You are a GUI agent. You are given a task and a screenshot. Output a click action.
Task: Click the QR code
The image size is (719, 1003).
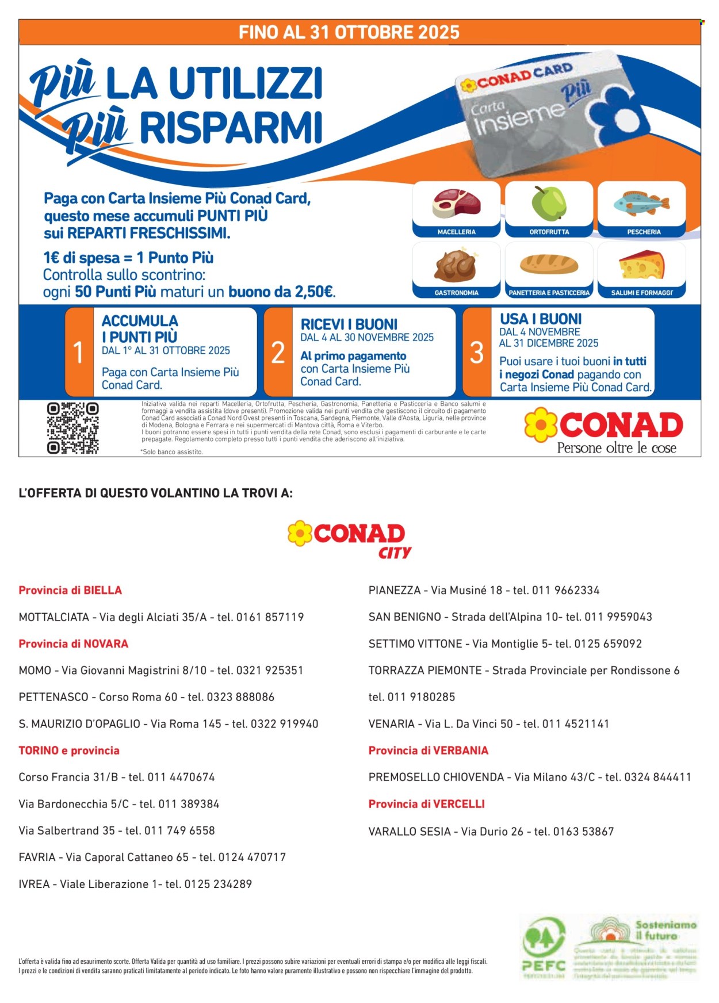point(72,428)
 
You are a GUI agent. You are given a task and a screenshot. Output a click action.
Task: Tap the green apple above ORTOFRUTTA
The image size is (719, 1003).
point(549,203)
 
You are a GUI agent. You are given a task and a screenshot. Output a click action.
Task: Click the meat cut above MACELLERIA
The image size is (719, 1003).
point(456,204)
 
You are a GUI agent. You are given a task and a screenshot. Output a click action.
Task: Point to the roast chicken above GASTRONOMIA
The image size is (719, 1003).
point(456,265)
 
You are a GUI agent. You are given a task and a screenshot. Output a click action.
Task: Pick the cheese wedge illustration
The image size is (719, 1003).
point(642,265)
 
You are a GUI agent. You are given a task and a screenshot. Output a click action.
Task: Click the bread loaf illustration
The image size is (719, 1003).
point(549,264)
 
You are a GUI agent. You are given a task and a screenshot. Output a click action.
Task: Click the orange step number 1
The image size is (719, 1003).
point(79,352)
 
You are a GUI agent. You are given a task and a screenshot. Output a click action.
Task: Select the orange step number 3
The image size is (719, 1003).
point(477,352)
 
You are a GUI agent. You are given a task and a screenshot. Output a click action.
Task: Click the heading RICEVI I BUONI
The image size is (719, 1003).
point(349,324)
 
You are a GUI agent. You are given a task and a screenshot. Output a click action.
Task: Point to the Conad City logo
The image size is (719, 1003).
point(350,539)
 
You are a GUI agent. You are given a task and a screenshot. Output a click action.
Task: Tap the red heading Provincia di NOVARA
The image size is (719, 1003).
point(74,644)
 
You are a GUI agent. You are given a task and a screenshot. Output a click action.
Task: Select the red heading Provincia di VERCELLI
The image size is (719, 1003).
point(426,804)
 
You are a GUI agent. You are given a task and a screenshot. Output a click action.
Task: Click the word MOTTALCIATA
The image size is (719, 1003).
point(54,617)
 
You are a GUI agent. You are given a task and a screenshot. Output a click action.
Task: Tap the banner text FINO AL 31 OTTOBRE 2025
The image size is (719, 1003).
point(349,32)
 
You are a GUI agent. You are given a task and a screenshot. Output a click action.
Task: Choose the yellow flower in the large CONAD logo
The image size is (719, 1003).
point(541,425)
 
